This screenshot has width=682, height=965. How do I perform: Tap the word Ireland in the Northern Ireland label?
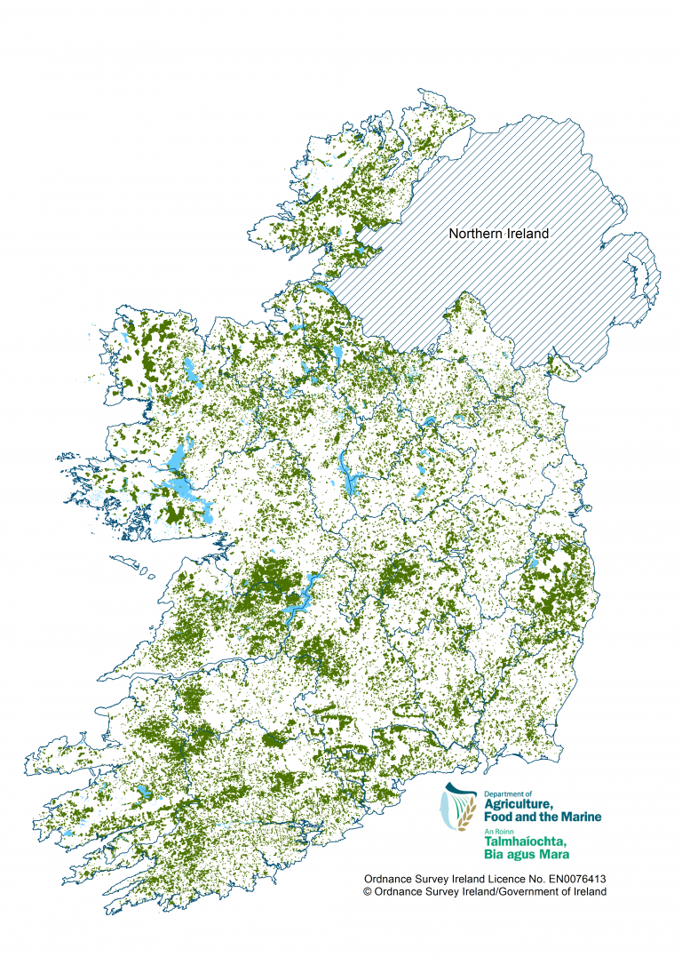[525, 234]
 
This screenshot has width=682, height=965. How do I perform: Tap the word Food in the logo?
[498, 817]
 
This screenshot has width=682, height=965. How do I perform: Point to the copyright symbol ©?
[368, 891]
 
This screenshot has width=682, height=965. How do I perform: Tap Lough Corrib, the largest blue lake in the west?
[182, 489]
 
